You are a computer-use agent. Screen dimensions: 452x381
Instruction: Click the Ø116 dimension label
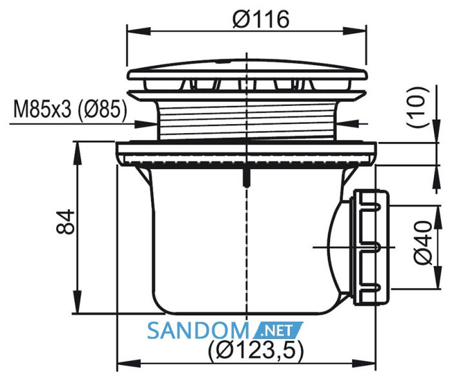tap(261, 19)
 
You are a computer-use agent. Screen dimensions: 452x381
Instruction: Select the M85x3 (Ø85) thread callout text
tap(70, 110)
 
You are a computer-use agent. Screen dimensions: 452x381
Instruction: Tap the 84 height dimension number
tap(65, 222)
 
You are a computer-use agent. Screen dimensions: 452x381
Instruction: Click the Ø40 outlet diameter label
tap(423, 243)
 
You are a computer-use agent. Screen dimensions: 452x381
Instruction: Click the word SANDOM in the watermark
tap(198, 331)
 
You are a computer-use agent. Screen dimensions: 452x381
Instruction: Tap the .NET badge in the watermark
tap(278, 331)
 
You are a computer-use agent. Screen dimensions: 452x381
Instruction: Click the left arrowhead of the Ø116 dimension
tap(139, 32)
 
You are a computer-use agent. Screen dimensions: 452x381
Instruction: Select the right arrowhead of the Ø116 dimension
tap(354, 32)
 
